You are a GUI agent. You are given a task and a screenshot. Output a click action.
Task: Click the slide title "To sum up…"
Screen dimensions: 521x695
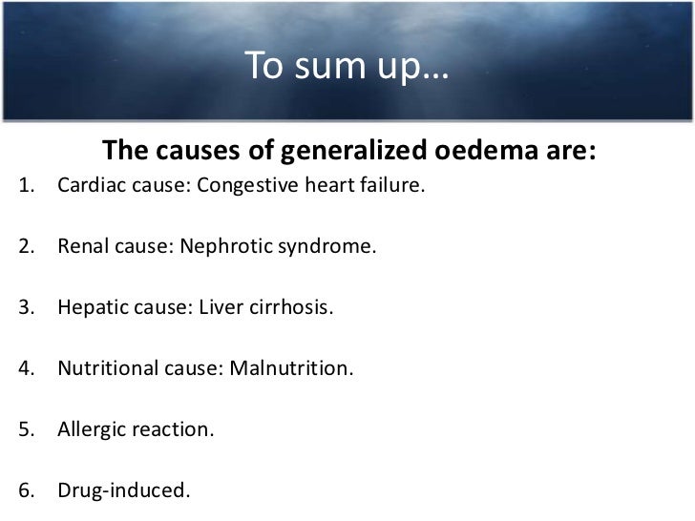[x=347, y=66]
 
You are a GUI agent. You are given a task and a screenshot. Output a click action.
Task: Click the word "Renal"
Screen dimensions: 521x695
[x=81, y=249]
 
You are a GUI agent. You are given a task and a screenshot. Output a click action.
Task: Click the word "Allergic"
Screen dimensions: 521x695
[x=89, y=431]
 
